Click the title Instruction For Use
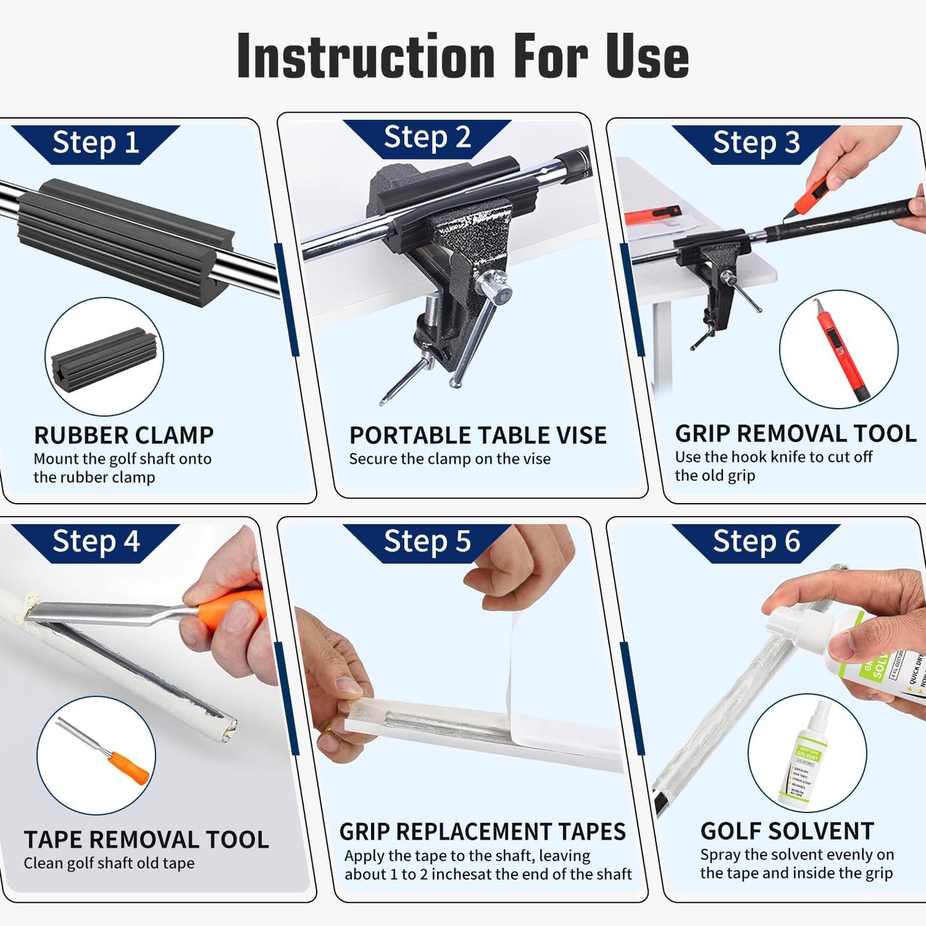(x=463, y=57)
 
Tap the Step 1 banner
(x=95, y=142)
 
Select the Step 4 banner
(x=95, y=542)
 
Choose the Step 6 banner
(x=756, y=542)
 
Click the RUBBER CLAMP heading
(x=124, y=435)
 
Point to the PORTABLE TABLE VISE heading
(x=477, y=435)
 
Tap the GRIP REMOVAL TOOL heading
(x=795, y=433)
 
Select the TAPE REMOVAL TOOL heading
(x=146, y=839)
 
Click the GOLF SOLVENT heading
(x=787, y=831)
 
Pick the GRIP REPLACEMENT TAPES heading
(x=482, y=832)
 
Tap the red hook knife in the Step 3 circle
(x=840, y=351)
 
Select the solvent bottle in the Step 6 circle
(x=804, y=756)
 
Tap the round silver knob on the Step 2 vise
(x=496, y=288)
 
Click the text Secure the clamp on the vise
(x=449, y=459)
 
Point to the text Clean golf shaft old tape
(x=109, y=863)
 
